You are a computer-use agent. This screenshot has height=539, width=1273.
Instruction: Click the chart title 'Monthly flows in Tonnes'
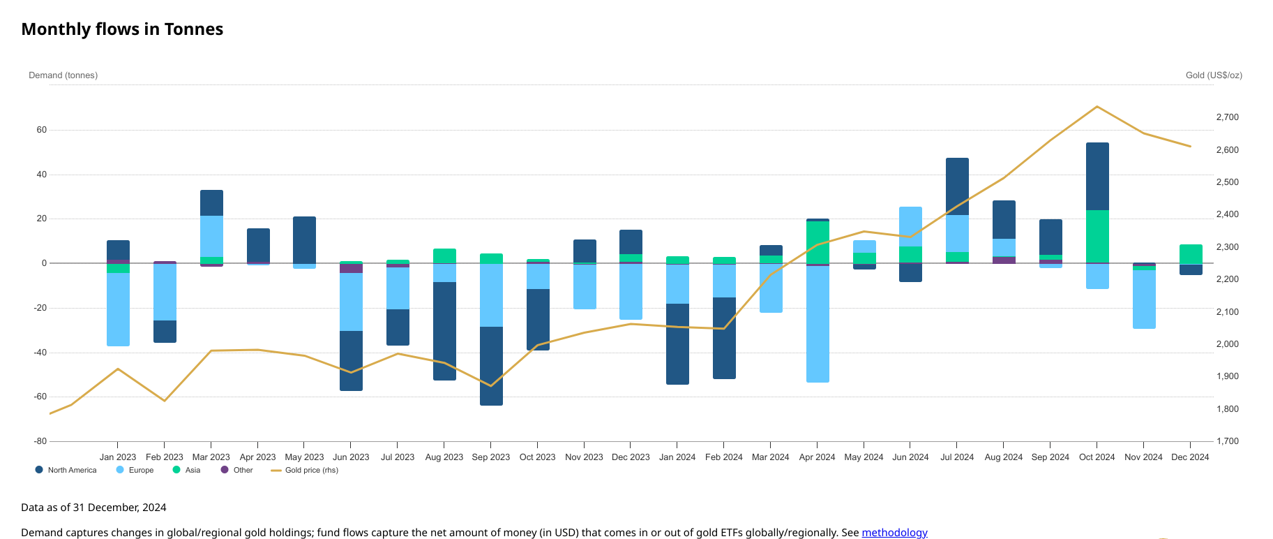pos(122,29)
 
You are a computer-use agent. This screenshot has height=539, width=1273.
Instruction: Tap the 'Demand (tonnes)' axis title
pos(63,75)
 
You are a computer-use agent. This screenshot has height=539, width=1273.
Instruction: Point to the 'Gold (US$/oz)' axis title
pos(1214,75)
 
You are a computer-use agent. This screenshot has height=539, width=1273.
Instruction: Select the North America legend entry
pos(66,470)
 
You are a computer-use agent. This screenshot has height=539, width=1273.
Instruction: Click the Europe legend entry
pos(135,470)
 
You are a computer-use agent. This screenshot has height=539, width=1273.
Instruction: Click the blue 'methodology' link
pos(894,532)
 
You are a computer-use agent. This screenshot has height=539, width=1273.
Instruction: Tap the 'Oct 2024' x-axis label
pos(1097,457)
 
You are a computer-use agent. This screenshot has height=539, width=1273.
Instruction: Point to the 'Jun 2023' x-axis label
pos(351,457)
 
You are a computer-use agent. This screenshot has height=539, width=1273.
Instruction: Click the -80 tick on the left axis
pos(40,441)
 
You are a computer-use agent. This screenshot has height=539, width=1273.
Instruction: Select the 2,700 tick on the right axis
pos(1227,117)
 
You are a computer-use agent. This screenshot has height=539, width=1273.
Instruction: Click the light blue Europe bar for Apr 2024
pos(818,324)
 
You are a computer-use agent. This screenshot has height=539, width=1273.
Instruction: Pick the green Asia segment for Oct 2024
pos(1097,236)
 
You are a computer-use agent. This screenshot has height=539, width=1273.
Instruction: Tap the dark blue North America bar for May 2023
pos(304,239)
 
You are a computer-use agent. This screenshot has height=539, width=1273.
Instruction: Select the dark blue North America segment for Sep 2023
pos(491,366)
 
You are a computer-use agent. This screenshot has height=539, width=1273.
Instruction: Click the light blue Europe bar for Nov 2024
pos(1144,299)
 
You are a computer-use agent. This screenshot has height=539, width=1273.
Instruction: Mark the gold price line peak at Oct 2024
pos(1097,107)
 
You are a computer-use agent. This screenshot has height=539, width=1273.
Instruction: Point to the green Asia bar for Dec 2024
pos(1191,254)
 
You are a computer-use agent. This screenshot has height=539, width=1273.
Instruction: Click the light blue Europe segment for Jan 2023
pos(118,309)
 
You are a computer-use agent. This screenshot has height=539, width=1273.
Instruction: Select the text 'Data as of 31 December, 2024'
pos(93,508)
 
